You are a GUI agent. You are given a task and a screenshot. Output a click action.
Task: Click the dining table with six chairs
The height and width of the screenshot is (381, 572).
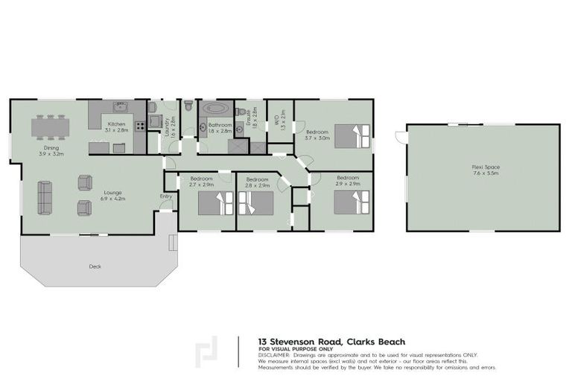pos(50,127)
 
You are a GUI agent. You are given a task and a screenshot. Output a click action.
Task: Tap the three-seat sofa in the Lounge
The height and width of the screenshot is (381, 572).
pos(46,197)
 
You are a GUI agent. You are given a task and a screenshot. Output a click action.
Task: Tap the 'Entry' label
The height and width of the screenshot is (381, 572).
pos(165,196)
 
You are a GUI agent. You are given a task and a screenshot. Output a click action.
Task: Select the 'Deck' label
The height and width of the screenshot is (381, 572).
pos(95,266)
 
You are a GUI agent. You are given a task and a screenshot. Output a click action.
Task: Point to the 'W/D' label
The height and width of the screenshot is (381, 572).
pos(276,118)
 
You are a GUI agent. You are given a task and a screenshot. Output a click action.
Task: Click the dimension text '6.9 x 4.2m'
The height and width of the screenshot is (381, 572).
pos(113,199)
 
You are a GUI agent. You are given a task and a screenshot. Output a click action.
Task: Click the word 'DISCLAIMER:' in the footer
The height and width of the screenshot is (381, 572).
pos(277,355)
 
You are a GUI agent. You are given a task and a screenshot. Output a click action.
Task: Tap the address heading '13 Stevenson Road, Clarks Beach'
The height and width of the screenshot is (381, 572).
pos(331,342)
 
